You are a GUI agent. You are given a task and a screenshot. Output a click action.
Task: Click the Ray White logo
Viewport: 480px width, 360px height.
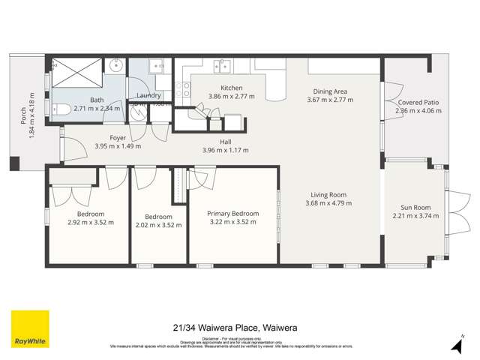[x=30, y=329]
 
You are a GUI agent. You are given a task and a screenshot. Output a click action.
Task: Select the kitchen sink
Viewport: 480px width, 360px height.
[x=222, y=67]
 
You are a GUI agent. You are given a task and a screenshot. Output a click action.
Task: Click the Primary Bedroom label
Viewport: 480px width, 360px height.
[x=232, y=214]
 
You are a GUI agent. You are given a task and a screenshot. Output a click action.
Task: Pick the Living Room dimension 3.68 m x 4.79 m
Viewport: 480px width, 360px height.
[x=331, y=204]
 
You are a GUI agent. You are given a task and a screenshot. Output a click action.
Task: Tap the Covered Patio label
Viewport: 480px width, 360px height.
[x=418, y=102]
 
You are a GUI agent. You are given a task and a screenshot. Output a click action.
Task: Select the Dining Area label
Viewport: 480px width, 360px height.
[x=331, y=91]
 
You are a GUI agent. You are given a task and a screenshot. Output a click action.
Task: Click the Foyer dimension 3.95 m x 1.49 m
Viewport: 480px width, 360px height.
[x=118, y=146]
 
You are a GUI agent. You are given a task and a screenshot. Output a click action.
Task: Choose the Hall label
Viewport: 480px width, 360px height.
[x=225, y=142]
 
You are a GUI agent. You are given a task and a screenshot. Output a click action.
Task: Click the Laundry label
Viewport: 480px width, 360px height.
[x=149, y=96]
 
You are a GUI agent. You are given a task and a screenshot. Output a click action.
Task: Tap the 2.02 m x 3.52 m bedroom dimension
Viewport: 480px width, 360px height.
[x=158, y=225]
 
